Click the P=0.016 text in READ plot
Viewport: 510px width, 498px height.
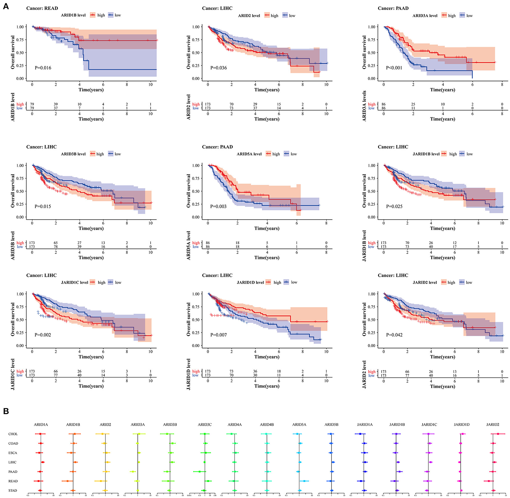[x=43, y=68]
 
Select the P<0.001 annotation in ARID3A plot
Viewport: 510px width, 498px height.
[x=394, y=68]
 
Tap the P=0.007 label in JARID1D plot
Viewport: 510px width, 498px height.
[x=218, y=335]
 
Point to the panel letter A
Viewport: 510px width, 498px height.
[x=6, y=6]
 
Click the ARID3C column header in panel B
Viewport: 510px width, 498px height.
[x=205, y=425]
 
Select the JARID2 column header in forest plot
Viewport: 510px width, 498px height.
[x=493, y=425]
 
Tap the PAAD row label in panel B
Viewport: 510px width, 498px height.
[x=13, y=472]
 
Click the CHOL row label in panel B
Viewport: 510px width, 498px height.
[x=13, y=434]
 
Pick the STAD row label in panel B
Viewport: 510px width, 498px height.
[x=13, y=491]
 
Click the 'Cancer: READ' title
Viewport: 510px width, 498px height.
[x=42, y=8]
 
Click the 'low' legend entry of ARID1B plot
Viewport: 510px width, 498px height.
[x=117, y=15]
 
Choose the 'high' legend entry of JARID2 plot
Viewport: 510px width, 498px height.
[x=451, y=282]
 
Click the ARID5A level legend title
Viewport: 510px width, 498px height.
[x=249, y=154]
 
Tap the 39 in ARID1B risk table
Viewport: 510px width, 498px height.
[x=56, y=104]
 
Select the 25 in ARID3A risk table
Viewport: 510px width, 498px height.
[x=413, y=104]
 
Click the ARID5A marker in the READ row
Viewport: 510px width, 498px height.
[x=304, y=481]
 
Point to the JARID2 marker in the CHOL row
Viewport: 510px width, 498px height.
[x=498, y=434]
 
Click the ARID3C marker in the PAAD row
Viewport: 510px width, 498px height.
[x=199, y=472]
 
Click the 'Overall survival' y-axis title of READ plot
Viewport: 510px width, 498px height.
[x=13, y=52]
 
